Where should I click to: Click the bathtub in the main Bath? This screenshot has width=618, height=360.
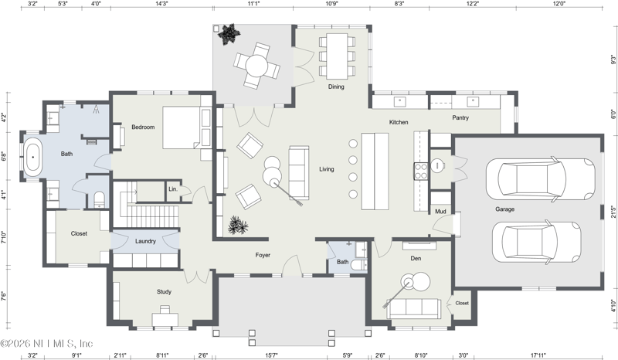click(x=33, y=157)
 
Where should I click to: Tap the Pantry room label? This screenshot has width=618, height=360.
click(x=460, y=117)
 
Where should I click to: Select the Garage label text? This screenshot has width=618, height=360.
click(x=505, y=209)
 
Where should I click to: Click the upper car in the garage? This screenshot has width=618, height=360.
click(x=540, y=179)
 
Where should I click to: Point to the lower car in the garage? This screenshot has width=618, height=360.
click(x=537, y=241)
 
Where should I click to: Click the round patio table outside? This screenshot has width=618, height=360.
click(x=257, y=65)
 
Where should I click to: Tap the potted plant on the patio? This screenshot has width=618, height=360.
click(x=228, y=34)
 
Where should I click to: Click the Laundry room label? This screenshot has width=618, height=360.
click(x=145, y=241)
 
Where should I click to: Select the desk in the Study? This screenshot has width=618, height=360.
click(x=165, y=318)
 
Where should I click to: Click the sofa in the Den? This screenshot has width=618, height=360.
click(x=413, y=308)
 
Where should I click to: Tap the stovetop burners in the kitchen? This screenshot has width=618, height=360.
click(x=421, y=172)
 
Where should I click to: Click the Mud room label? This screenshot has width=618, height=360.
click(x=440, y=212)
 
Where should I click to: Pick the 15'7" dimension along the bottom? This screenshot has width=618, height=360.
click(x=271, y=355)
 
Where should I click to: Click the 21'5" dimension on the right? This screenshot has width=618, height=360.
click(x=613, y=212)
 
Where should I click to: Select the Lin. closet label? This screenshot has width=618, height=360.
click(x=173, y=188)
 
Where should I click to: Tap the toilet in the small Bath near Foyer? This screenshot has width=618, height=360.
click(x=359, y=264)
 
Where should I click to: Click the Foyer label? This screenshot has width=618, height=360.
click(x=263, y=255)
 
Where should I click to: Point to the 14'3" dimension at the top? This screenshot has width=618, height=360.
click(x=161, y=4)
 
